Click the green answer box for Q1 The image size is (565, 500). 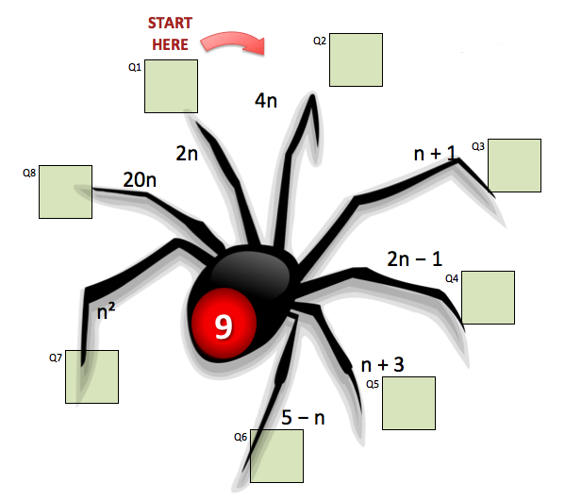tap(171, 87)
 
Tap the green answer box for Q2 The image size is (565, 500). tap(356, 59)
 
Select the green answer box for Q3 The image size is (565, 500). tap(515, 165)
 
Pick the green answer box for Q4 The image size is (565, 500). tap(489, 297)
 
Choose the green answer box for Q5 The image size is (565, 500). tap(409, 403)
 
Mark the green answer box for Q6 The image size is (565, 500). tap(276, 456)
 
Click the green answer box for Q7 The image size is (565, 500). tap(91, 376)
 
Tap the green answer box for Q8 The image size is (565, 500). tap(66, 192)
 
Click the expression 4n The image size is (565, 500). tap(266, 101)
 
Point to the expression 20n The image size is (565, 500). tap(140, 179)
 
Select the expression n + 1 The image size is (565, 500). tap(435, 153)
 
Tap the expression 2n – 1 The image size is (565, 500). tap(414, 258)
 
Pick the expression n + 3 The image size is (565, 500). tap(382, 365)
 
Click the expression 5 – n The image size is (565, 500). tap(303, 417)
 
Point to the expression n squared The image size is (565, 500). tap(107, 311)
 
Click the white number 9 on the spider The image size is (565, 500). tap(224, 326)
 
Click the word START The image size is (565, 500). tap(170, 23)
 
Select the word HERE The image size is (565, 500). tap(170, 44)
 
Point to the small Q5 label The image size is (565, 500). tap(373, 384)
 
